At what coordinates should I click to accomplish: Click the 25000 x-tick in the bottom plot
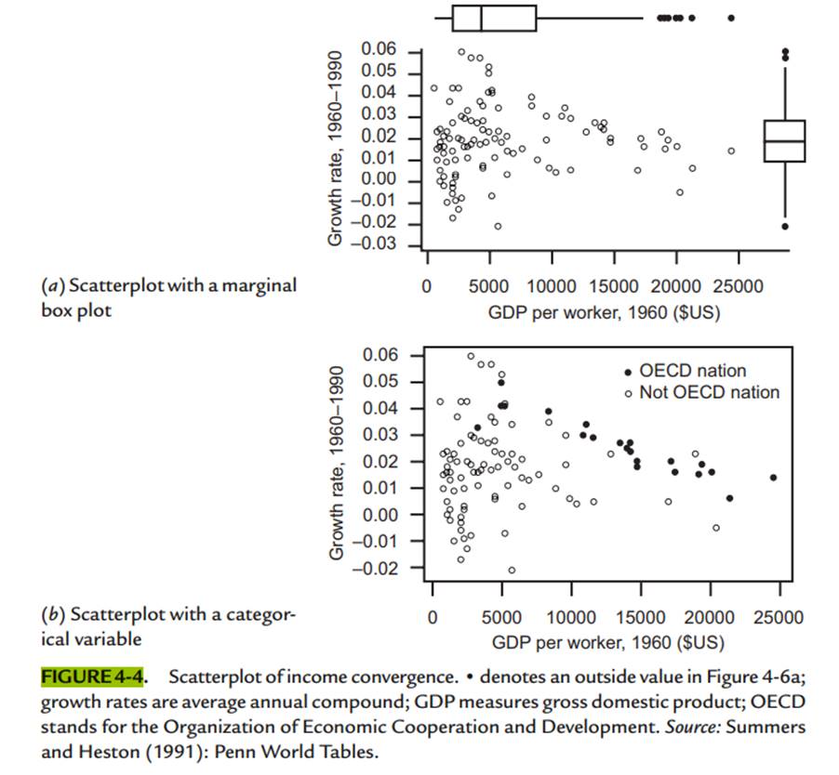tap(779, 618)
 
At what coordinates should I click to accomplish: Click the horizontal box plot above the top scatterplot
tap(494, 18)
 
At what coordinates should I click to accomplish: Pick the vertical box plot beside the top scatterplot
tap(785, 140)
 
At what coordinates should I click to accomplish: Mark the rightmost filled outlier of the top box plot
tap(731, 18)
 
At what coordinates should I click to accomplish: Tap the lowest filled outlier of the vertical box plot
tap(785, 226)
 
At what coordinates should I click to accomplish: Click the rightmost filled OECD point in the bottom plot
tap(773, 478)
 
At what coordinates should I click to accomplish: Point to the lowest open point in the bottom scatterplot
tap(512, 570)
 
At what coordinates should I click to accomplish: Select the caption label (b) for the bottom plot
tap(56, 614)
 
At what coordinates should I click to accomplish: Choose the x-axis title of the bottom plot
tap(606, 642)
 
